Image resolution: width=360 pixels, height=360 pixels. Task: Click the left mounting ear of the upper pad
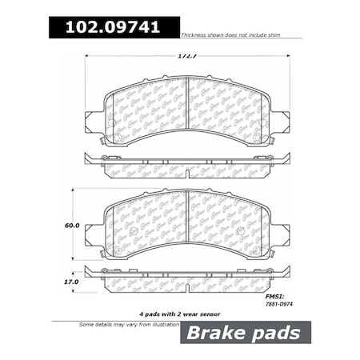pyautogui.click(x=93, y=122)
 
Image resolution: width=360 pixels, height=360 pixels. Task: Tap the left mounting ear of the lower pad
pyautogui.click(x=93, y=234)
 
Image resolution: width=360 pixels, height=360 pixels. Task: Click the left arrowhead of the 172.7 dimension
pyautogui.click(x=87, y=56)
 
